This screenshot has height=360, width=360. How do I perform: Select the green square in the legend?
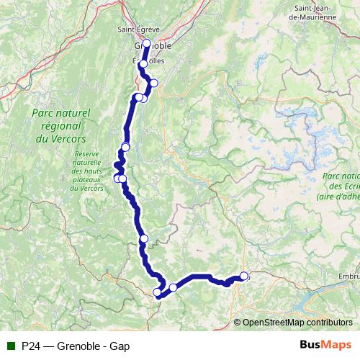(11, 346)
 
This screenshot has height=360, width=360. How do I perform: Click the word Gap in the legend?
(120, 346)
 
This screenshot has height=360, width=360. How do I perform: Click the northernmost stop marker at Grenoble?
(147, 43)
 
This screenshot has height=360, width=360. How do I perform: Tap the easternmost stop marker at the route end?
(244, 276)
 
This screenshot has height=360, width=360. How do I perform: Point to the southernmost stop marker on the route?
(158, 292)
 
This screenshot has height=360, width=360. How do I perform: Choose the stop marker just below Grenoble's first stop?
(143, 64)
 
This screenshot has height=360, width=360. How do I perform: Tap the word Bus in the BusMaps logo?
(311, 346)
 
